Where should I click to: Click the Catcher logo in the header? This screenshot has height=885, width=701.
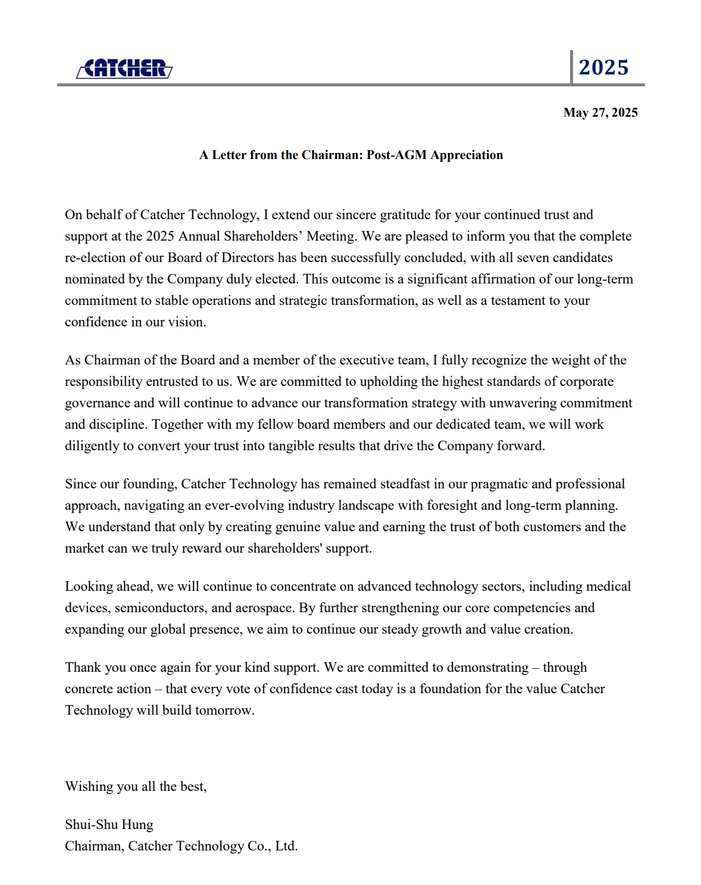pos(124,68)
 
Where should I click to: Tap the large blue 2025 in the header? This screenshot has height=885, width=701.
pos(603,67)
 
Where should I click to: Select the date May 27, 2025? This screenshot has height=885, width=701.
pos(600,113)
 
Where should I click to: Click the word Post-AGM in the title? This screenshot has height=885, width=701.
pos(396,155)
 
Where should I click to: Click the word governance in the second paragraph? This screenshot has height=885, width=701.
pos(97,403)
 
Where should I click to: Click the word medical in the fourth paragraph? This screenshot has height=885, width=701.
pos(608,587)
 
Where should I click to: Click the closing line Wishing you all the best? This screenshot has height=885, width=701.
pos(136,787)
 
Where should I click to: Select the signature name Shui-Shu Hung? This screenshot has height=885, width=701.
pos(109,825)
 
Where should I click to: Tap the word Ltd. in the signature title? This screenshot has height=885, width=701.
pos(286,846)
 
